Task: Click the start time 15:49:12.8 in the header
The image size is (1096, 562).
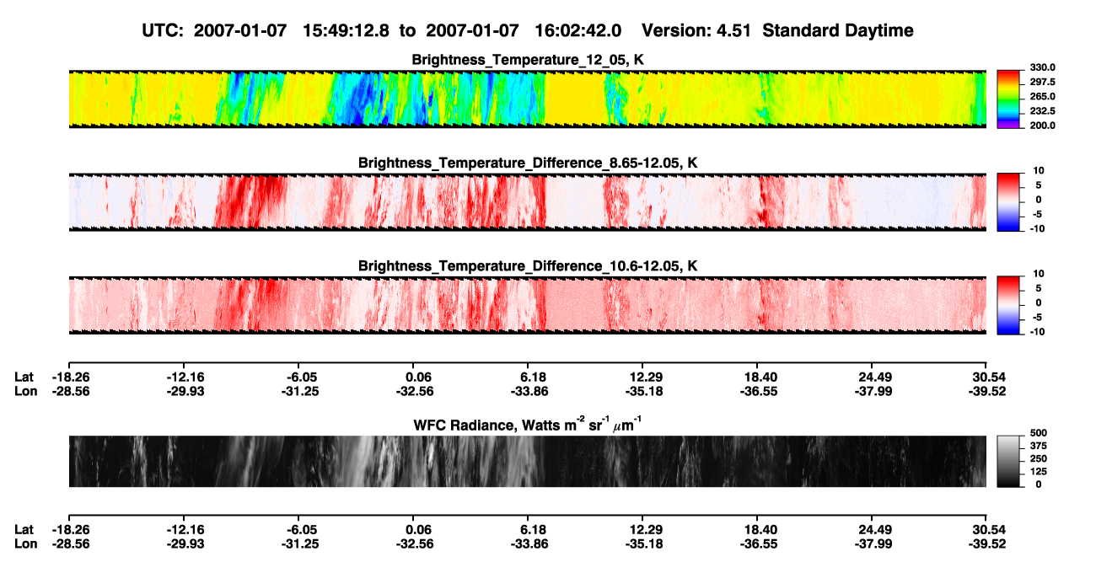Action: pos(346,31)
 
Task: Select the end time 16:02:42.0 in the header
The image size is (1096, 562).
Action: pos(578,31)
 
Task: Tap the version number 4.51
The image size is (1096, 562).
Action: pos(733,31)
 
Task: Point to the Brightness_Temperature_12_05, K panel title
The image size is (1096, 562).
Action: pos(528,60)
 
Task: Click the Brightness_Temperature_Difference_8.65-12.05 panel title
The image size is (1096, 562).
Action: pos(528,163)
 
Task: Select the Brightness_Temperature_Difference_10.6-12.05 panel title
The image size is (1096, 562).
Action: pos(528,266)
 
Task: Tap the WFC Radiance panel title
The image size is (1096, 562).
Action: pos(528,425)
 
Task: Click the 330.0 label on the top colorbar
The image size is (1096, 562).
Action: pos(1042,67)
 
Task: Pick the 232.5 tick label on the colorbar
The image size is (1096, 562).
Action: pos(1042,111)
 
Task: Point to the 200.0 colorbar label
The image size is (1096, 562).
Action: pos(1042,126)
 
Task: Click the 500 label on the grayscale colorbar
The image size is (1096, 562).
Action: pos(1039,433)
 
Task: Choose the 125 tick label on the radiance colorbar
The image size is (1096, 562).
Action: pos(1039,472)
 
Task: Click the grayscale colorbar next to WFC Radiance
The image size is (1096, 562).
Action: pos(1008,461)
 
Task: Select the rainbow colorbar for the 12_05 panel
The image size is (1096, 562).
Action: pos(1008,99)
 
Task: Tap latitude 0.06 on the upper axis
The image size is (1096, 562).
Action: pos(419,377)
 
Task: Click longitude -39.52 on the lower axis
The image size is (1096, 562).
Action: pos(987,544)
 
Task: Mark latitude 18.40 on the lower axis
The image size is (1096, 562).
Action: pos(759,530)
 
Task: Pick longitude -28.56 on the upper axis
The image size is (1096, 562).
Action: pos(71,391)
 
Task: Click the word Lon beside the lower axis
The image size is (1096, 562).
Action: pos(26,544)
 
